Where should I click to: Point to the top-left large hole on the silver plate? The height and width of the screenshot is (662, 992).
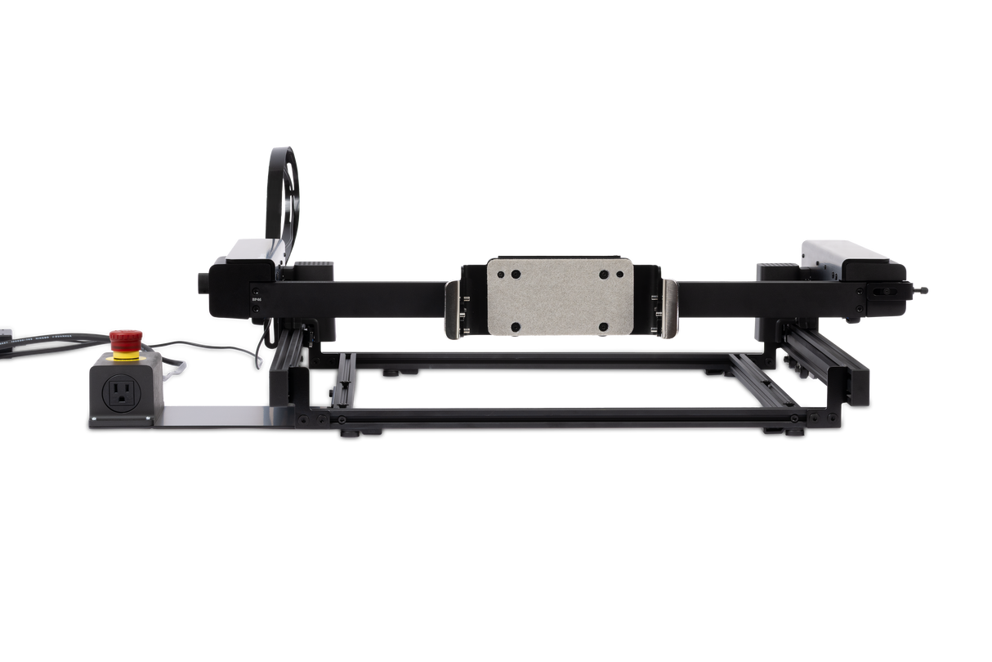pyautogui.click(x=515, y=273)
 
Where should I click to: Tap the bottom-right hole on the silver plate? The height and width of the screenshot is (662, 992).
pyautogui.click(x=603, y=327)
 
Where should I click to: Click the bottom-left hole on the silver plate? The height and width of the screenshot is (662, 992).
pyautogui.click(x=515, y=327)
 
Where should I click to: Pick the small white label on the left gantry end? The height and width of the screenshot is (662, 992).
pyautogui.click(x=257, y=299)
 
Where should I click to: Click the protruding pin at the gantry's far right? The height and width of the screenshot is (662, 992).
pyautogui.click(x=923, y=289)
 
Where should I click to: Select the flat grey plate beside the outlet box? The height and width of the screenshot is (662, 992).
pyautogui.click(x=212, y=416)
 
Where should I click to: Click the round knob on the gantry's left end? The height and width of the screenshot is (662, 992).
pyautogui.click(x=200, y=283)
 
